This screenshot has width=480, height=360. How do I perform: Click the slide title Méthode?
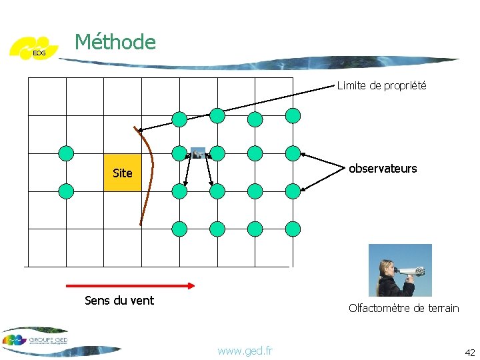point(115,42)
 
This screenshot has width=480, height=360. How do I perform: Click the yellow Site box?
point(123,173)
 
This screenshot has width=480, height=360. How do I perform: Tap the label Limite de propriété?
point(381,85)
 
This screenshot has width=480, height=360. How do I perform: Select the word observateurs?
point(383,169)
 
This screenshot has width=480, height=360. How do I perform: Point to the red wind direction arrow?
point(129,285)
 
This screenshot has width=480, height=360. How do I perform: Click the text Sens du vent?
point(119,300)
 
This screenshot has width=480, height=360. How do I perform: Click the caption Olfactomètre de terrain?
point(403,307)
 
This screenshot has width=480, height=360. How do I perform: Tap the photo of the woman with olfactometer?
point(400,270)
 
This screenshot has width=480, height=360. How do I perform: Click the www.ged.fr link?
point(245,350)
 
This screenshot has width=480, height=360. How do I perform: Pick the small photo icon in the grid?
point(198,153)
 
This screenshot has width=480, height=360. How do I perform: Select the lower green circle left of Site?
point(66,192)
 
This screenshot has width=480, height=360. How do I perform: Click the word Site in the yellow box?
point(123,173)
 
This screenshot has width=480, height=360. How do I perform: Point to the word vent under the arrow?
point(141,300)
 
